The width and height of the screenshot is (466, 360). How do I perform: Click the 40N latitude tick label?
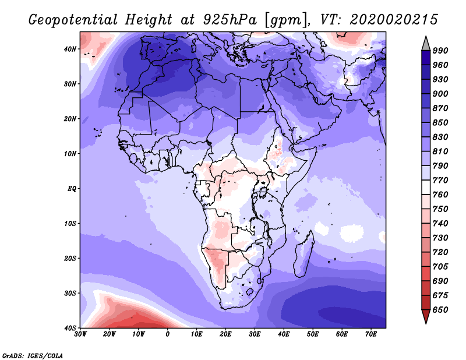coord(70,49)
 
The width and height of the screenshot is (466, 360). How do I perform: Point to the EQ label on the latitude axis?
coord(72,189)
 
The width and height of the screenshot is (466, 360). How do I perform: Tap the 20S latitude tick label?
coord(70,258)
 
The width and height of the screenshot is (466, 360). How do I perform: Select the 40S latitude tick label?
coord(70,328)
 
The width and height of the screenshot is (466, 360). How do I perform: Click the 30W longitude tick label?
coord(80,334)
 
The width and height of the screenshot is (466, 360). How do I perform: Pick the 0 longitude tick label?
coord(168,334)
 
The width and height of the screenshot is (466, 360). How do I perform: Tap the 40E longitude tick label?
coord(284,334)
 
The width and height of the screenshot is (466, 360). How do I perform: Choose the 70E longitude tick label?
coord(371,334)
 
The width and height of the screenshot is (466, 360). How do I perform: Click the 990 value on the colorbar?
coord(440,51)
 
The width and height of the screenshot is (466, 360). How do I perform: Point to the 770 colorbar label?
coord(440,180)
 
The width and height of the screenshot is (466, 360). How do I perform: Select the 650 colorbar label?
coord(440,310)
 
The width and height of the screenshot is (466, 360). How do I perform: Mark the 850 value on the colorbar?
coord(440,122)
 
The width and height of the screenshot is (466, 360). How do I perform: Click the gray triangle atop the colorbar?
coord(426,45)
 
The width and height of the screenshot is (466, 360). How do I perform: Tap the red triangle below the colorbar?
coord(426,315)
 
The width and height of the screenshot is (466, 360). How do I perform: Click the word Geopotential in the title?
coord(73,20)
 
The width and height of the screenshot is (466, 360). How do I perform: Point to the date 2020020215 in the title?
coord(394,20)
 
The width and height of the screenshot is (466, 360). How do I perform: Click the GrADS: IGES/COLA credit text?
coord(33,355)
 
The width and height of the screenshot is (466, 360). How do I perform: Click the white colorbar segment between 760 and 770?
coord(426,188)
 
